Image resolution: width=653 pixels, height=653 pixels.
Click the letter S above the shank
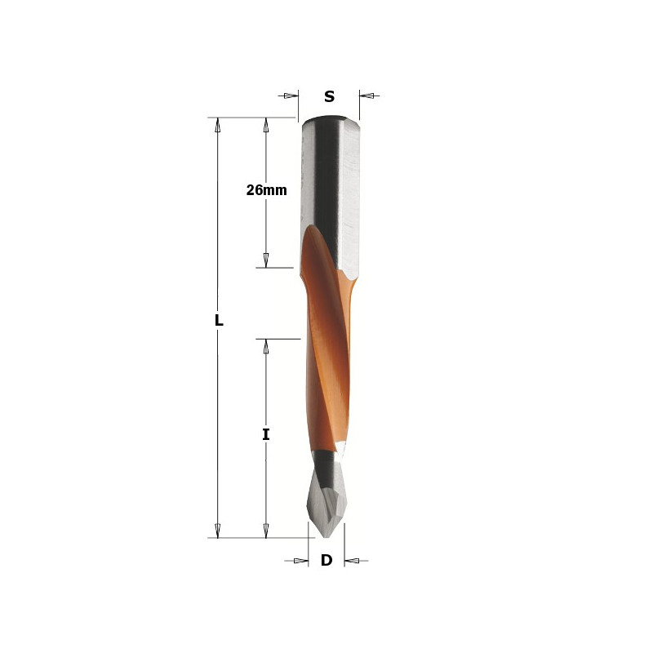click(x=329, y=96)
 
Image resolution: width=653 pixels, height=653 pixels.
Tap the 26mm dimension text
click(x=267, y=190)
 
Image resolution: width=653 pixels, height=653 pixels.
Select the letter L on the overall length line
click(x=219, y=320)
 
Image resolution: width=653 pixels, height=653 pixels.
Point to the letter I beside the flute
click(x=266, y=435)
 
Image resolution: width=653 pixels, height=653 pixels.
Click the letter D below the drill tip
click(x=326, y=560)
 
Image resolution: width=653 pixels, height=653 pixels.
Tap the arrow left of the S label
click(x=288, y=96)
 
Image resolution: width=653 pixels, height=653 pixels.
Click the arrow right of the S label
click(x=370, y=96)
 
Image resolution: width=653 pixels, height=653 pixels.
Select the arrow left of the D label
click(x=296, y=561)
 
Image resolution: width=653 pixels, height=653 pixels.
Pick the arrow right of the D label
click(x=356, y=561)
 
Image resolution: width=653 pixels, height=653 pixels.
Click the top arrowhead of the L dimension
click(x=217, y=125)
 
